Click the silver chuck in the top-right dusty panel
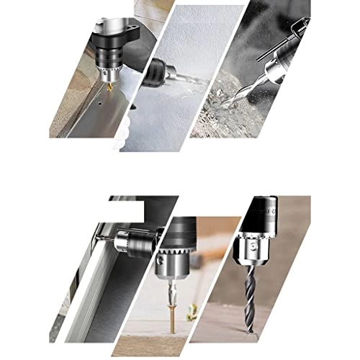(274, 67)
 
